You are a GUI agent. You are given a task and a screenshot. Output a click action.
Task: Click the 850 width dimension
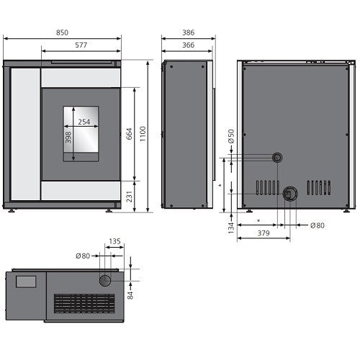(62, 32)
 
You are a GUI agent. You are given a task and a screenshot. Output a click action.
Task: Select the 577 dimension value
(81, 45)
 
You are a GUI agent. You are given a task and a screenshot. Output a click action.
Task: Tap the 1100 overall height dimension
(143, 134)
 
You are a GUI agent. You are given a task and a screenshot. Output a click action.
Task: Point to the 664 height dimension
(129, 134)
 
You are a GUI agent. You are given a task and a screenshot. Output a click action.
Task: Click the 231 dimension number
(129, 197)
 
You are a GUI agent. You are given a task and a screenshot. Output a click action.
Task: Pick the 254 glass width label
(84, 122)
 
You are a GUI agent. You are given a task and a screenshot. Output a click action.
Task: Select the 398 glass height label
(68, 138)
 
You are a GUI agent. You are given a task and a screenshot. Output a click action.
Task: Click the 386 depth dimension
(189, 32)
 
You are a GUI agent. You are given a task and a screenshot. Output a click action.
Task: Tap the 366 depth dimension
(189, 45)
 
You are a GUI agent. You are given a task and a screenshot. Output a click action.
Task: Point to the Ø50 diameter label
(231, 136)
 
